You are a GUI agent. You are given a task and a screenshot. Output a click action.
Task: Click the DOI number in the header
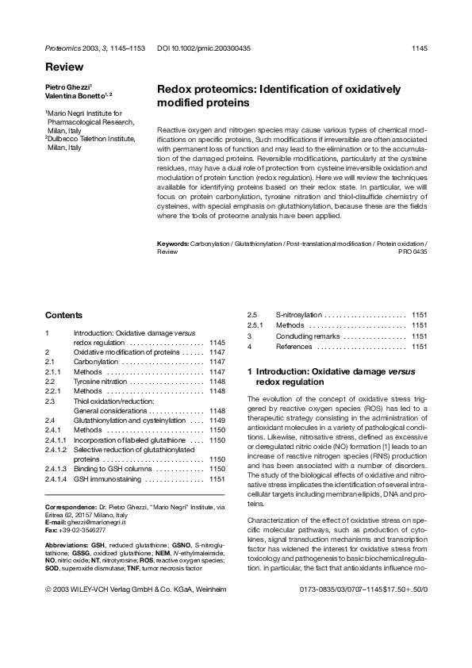(x=204, y=48)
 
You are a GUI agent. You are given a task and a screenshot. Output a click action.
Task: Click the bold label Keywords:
(x=174, y=243)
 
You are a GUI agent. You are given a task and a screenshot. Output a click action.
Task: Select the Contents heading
(x=64, y=315)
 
